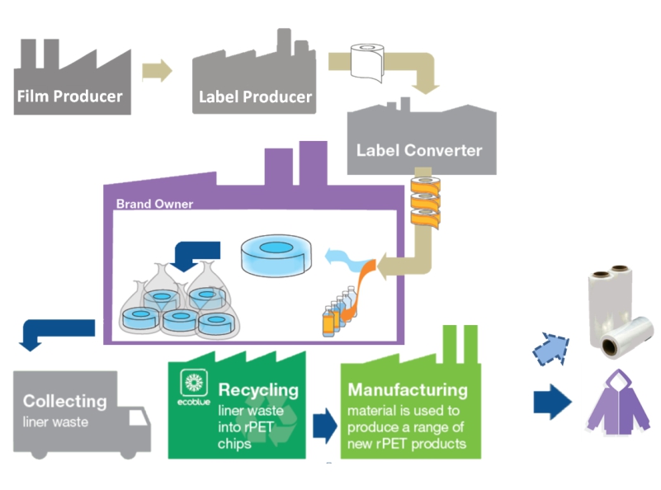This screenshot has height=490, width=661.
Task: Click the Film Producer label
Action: [69, 97]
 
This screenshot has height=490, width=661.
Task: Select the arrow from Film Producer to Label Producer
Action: [157, 71]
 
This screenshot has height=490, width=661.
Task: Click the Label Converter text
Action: [418, 151]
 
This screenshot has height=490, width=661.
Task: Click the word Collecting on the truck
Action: [64, 402]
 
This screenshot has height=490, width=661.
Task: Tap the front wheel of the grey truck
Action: [127, 451]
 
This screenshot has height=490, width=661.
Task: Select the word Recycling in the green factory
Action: [258, 389]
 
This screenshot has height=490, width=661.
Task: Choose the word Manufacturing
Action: [408, 389]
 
